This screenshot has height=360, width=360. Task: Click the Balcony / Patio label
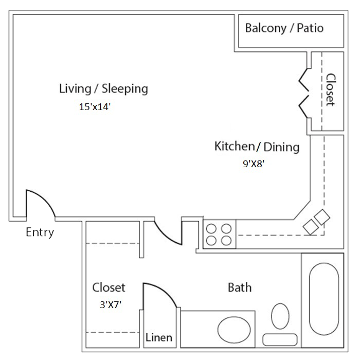[284, 28]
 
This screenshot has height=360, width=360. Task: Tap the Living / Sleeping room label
[103, 88]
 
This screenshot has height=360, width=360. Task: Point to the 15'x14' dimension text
[95, 107]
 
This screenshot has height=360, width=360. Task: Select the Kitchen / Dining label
[257, 147]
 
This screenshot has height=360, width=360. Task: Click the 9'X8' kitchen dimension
[254, 164]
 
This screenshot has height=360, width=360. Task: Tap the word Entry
[40, 232]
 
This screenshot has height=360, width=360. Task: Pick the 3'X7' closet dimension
[111, 304]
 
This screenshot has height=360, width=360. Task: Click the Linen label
[159, 337]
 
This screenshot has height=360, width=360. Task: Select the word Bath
[240, 287]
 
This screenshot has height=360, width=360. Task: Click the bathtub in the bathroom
[323, 299]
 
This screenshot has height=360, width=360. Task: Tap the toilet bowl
[280, 316]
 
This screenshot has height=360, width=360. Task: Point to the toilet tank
[280, 339]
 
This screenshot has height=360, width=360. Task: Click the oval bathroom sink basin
[234, 330]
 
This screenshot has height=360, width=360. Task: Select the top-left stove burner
[211, 229]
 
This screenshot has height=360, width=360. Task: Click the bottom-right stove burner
[226, 241]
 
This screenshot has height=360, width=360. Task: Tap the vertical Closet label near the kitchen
[331, 90]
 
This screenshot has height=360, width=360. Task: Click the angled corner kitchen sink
[316, 222]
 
